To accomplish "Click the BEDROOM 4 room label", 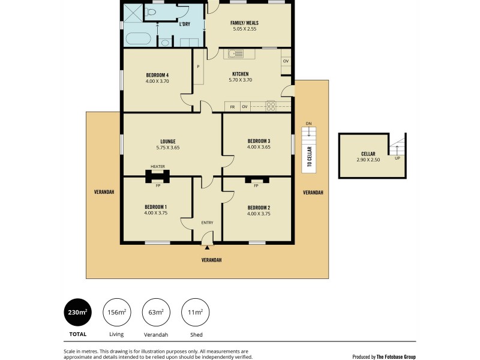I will pyautogui.click(x=157, y=74).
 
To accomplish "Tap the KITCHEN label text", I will pyautogui.click(x=240, y=74).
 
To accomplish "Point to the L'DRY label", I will pyautogui.click(x=185, y=24).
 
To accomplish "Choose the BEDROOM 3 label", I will pyautogui.click(x=259, y=142).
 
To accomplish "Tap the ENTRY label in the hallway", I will pyautogui.click(x=207, y=223).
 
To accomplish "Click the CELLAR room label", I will pyautogui.click(x=368, y=154).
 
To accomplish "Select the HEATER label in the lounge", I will pyautogui.click(x=158, y=167).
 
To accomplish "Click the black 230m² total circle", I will pyautogui.click(x=77, y=311).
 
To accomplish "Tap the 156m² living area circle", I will pyautogui.click(x=116, y=311).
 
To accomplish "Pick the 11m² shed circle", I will pyautogui.click(x=194, y=311).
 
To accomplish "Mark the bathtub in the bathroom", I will pyautogui.click(x=137, y=39).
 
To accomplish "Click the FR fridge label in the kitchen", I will pyautogui.click(x=233, y=107).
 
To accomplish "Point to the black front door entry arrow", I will pyautogui.click(x=207, y=247).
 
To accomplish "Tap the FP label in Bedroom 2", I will pyautogui.click(x=256, y=185).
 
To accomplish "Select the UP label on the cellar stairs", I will pyautogui.click(x=397, y=158).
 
